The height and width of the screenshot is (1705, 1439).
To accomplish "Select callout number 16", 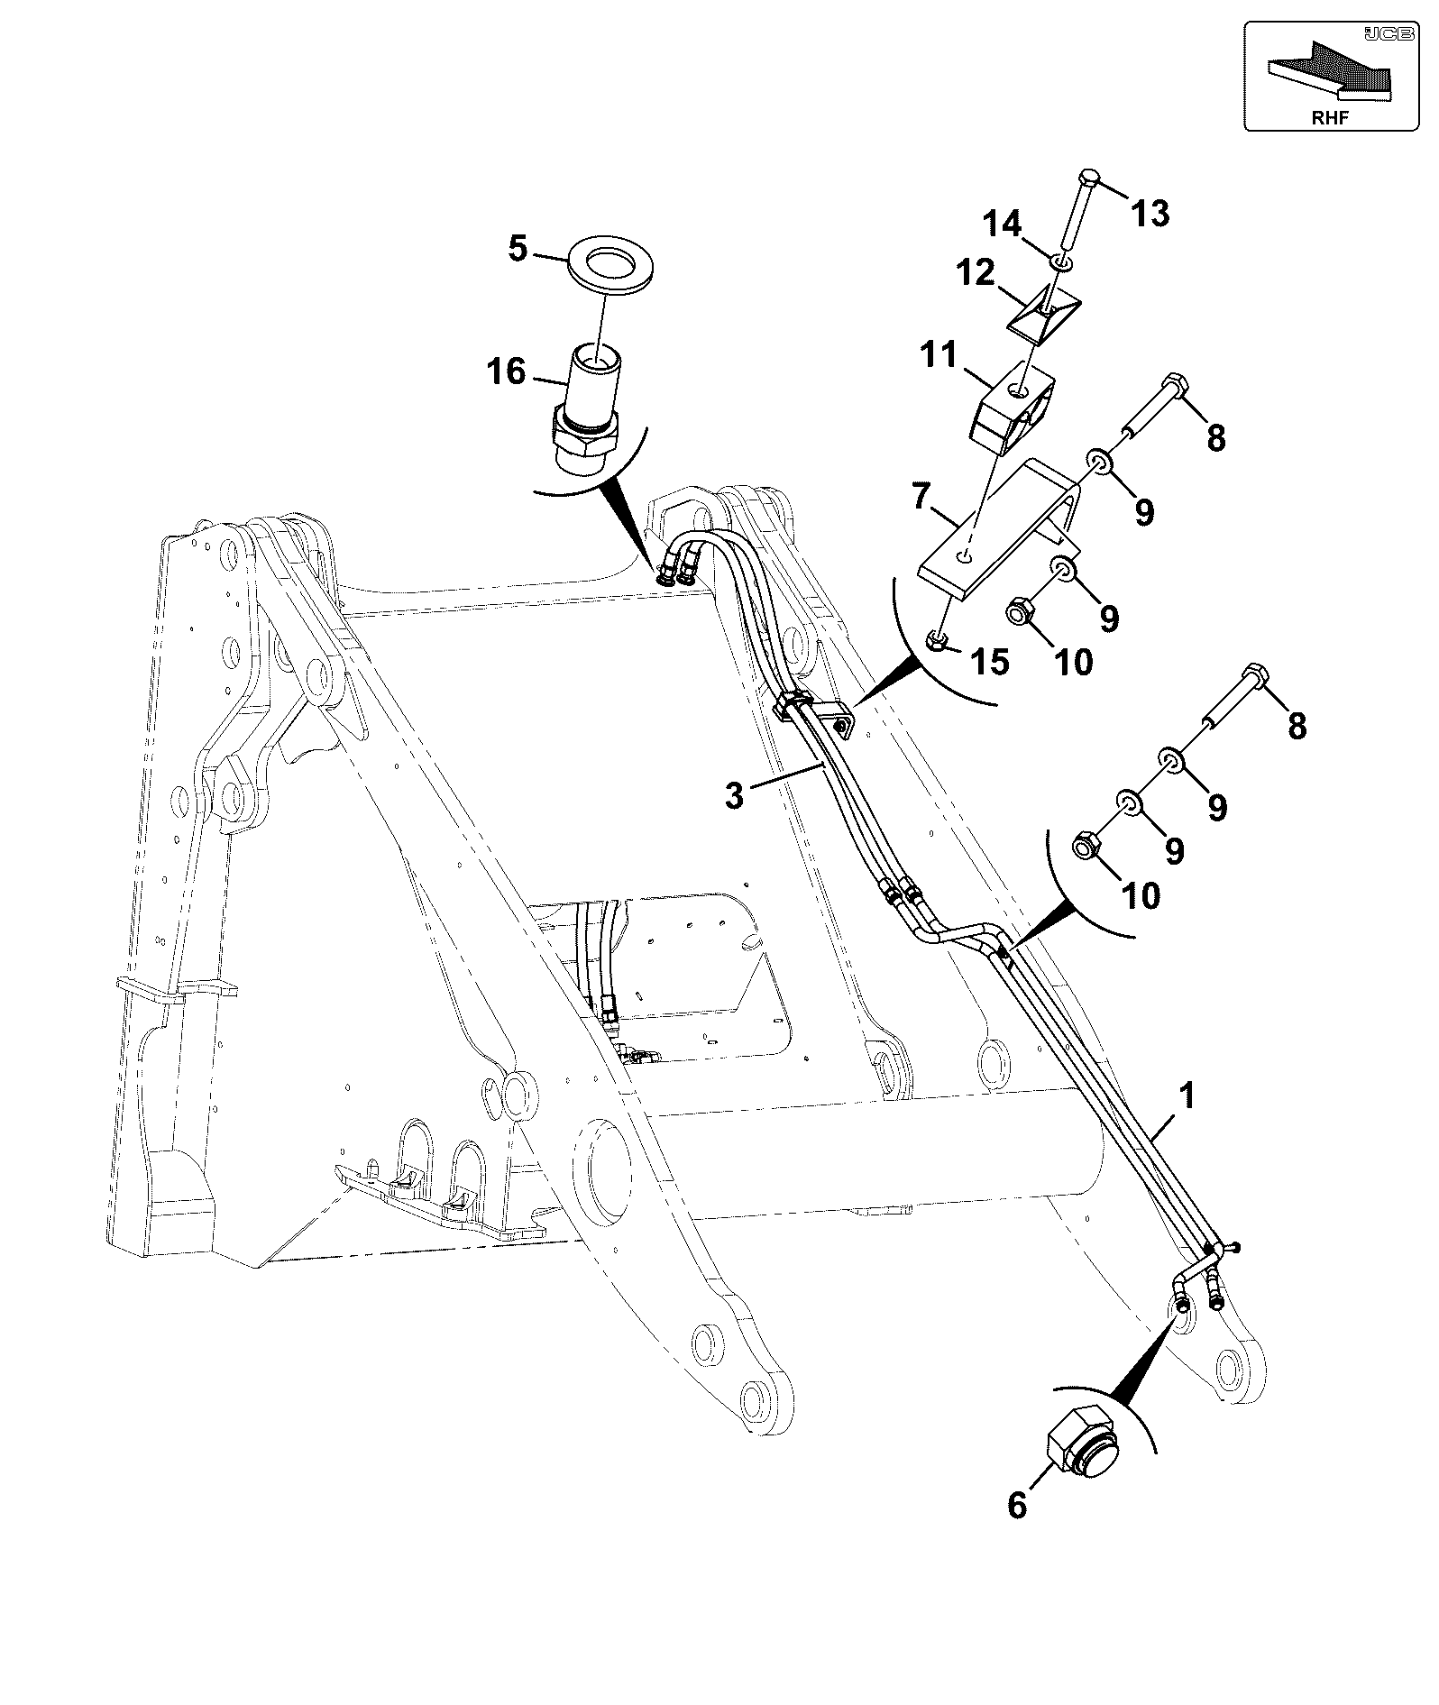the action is point(507,371).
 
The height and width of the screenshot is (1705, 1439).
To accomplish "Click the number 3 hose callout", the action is point(735,795).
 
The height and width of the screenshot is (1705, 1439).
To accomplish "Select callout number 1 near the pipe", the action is point(1187,1095).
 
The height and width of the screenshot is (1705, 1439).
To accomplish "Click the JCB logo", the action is point(1378,33).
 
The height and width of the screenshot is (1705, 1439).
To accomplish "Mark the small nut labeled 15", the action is point(938,641).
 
